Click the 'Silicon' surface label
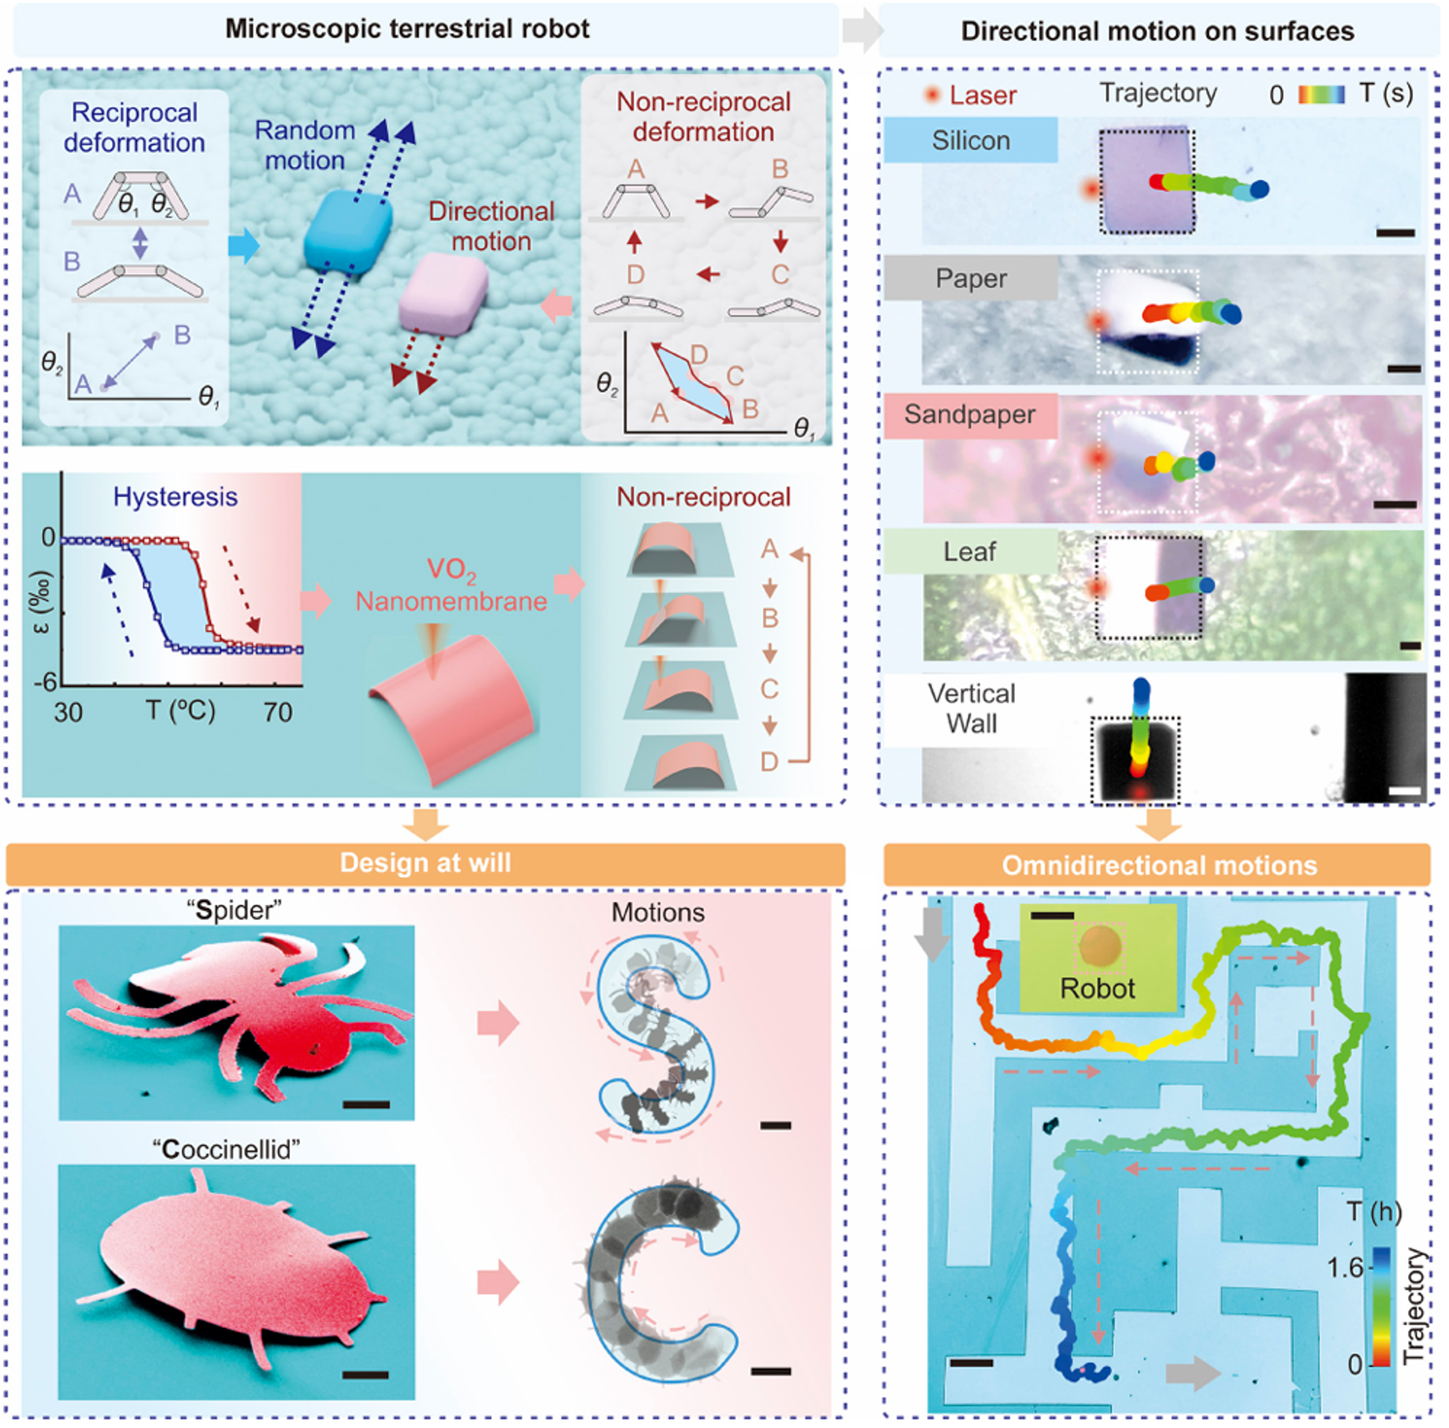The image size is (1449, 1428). coord(971,141)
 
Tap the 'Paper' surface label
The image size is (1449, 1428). coord(971,279)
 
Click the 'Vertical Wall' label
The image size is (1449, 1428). coord(971,709)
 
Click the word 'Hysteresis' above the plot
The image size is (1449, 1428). coord(175,497)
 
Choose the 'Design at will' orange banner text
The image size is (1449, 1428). coord(425,863)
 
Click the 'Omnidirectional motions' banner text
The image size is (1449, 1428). coord(1159,866)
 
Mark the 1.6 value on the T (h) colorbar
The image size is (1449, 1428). coord(1345,1268)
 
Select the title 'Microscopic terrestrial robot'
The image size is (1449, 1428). coord(407,29)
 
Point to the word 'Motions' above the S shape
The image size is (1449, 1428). coord(658,913)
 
